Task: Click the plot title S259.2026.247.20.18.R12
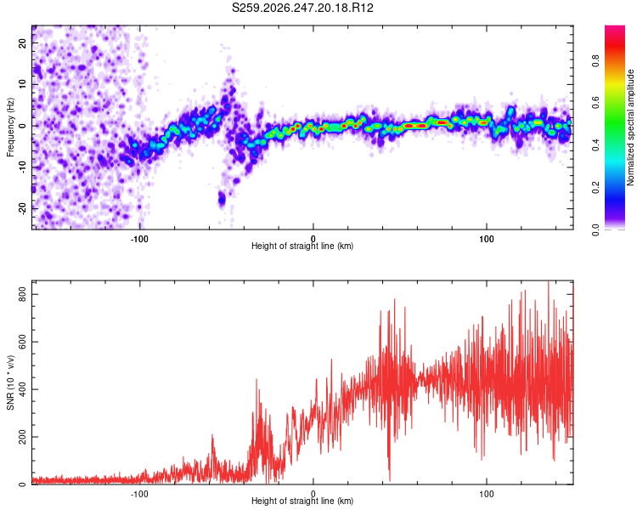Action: pos(302,8)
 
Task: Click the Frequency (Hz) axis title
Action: pos(10,127)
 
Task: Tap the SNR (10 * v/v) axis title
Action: pos(10,382)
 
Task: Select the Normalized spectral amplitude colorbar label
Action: pos(630,127)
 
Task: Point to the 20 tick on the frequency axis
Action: pos(22,42)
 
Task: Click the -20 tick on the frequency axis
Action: pos(22,208)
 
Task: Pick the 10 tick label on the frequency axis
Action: pos(22,84)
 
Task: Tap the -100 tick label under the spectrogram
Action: pos(139,239)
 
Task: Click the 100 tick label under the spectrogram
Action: pos(487,239)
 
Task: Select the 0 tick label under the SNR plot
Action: pos(313,494)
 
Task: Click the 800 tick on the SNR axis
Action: pos(22,294)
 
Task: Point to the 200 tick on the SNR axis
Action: pos(22,437)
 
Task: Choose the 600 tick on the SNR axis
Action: pos(22,342)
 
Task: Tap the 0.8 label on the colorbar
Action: pos(595,60)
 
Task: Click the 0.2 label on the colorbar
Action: pos(595,188)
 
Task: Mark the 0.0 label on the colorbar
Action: pos(595,229)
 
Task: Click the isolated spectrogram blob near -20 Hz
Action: pos(222,199)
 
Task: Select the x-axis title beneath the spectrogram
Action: pos(302,246)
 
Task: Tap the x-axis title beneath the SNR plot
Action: pos(302,501)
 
